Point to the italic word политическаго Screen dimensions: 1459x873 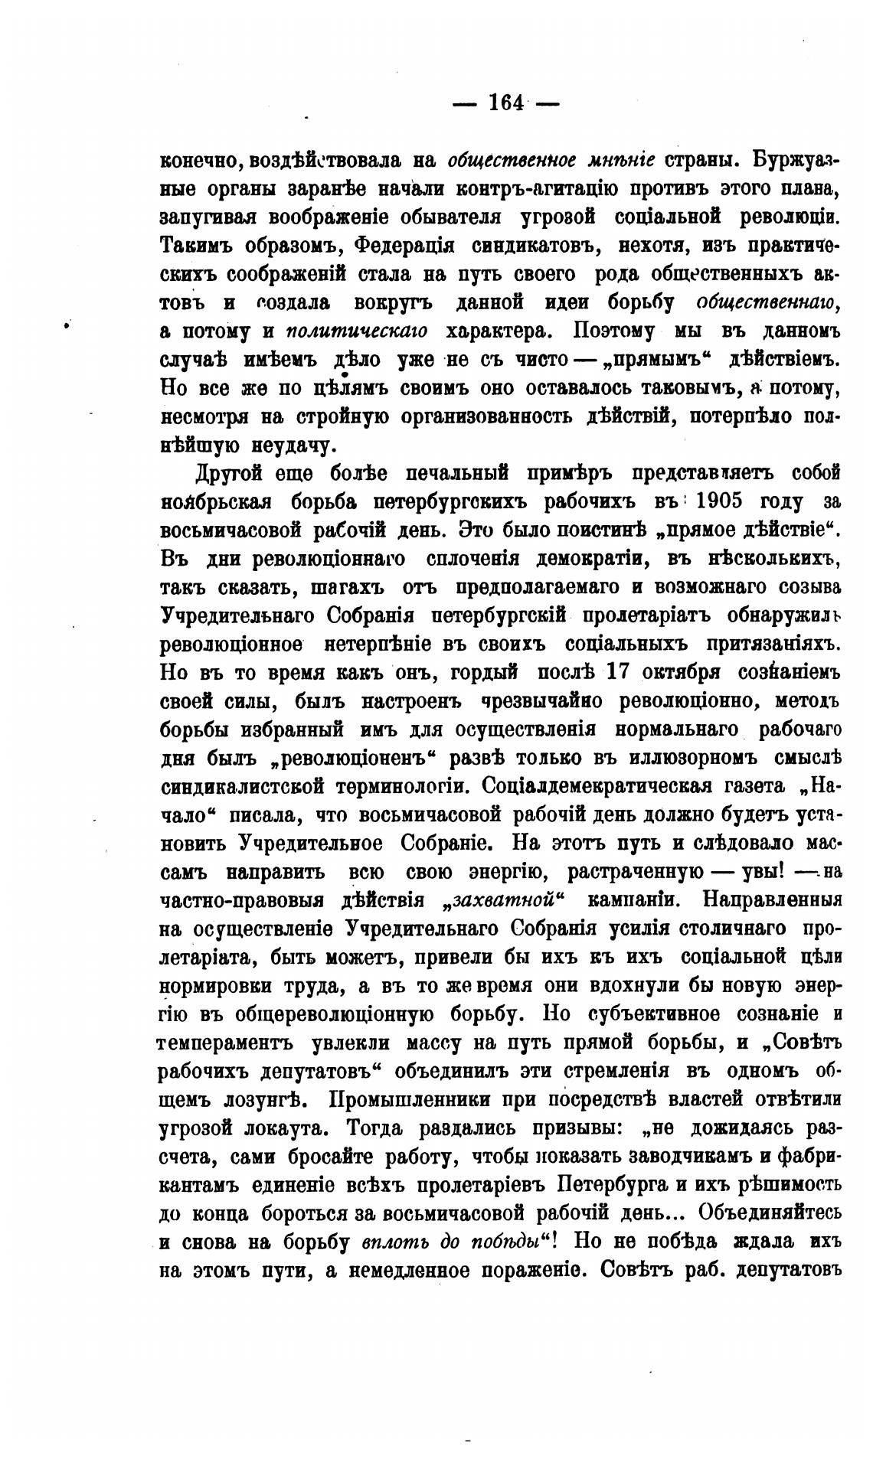pos(357,331)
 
